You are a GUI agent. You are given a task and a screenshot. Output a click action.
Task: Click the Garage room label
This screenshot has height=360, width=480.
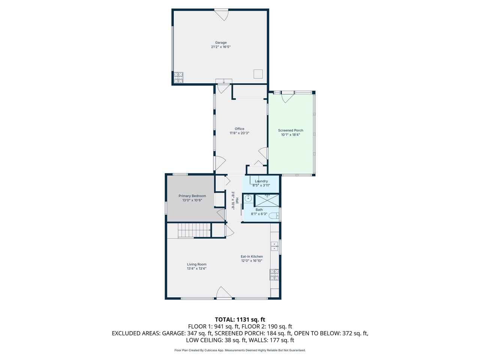220,43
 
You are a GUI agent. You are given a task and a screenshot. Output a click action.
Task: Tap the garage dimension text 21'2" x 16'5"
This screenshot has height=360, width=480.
220,47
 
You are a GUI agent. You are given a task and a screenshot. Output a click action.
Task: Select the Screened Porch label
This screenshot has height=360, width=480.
291,130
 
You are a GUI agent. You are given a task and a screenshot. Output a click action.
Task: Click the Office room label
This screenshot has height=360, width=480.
239,129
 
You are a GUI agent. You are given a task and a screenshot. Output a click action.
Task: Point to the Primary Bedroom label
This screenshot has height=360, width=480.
192,196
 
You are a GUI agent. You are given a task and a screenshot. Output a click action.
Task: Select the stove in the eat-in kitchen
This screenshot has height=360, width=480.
274,275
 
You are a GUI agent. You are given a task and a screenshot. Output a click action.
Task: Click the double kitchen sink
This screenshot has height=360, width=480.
274,246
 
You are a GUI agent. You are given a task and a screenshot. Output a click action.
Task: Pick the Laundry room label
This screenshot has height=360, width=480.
261,181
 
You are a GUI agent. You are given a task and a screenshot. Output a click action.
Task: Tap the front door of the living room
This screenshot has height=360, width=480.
223,293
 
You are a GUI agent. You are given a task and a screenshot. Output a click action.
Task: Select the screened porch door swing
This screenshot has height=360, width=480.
287,97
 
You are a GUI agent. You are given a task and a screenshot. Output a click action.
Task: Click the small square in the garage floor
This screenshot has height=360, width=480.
258,73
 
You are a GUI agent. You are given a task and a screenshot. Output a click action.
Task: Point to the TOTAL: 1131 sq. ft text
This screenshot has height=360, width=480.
240,319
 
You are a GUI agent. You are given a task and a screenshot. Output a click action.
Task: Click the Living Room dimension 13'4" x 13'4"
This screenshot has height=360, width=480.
196,268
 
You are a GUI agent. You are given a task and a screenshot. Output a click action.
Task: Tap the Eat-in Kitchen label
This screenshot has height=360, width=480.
252,256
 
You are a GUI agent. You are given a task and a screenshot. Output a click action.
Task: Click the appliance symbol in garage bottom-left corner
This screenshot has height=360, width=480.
178,78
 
